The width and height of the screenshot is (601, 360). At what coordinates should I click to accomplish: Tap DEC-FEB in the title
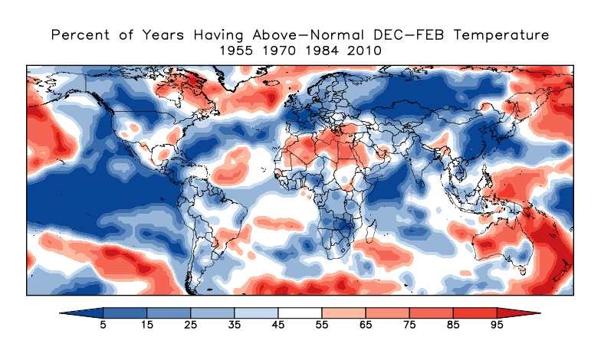417,35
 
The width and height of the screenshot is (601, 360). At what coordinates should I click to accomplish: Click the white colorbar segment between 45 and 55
300,313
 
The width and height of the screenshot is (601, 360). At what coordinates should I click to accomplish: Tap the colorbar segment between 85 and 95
475,313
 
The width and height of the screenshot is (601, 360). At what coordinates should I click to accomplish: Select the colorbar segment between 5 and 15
125,313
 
